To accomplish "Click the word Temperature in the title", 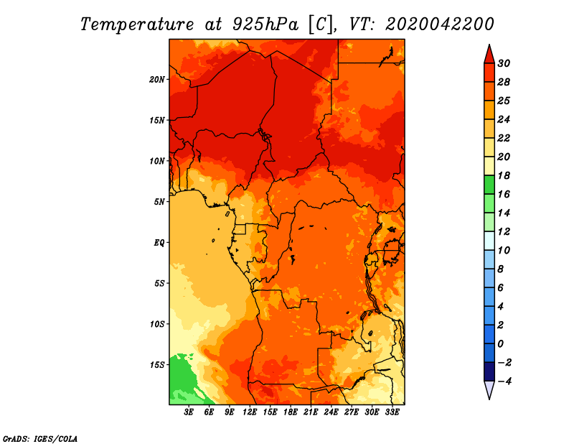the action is [x=137, y=24].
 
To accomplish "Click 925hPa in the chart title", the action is [x=265, y=24].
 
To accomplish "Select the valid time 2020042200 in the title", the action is [x=440, y=24].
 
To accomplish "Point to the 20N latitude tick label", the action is [x=157, y=80].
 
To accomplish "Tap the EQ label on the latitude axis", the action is [x=159, y=243].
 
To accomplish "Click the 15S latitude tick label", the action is [x=157, y=365].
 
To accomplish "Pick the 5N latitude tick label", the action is [x=159, y=202].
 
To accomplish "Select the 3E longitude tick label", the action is [x=189, y=412].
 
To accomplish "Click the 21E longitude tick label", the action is [x=311, y=412].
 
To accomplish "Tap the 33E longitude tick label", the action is [x=392, y=412].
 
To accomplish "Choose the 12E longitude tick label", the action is [x=249, y=412].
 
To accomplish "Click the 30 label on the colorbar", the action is [x=504, y=63].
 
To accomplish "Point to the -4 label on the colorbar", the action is [x=504, y=381].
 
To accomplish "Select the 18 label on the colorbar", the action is [x=504, y=175].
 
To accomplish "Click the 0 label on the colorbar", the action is [x=501, y=344].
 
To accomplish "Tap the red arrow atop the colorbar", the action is [x=489, y=55].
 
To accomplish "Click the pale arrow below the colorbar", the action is [x=489, y=390].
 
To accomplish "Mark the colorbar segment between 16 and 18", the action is [x=489, y=185].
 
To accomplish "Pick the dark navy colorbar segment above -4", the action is [x=489, y=371].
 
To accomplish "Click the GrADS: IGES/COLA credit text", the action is [x=40, y=438].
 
